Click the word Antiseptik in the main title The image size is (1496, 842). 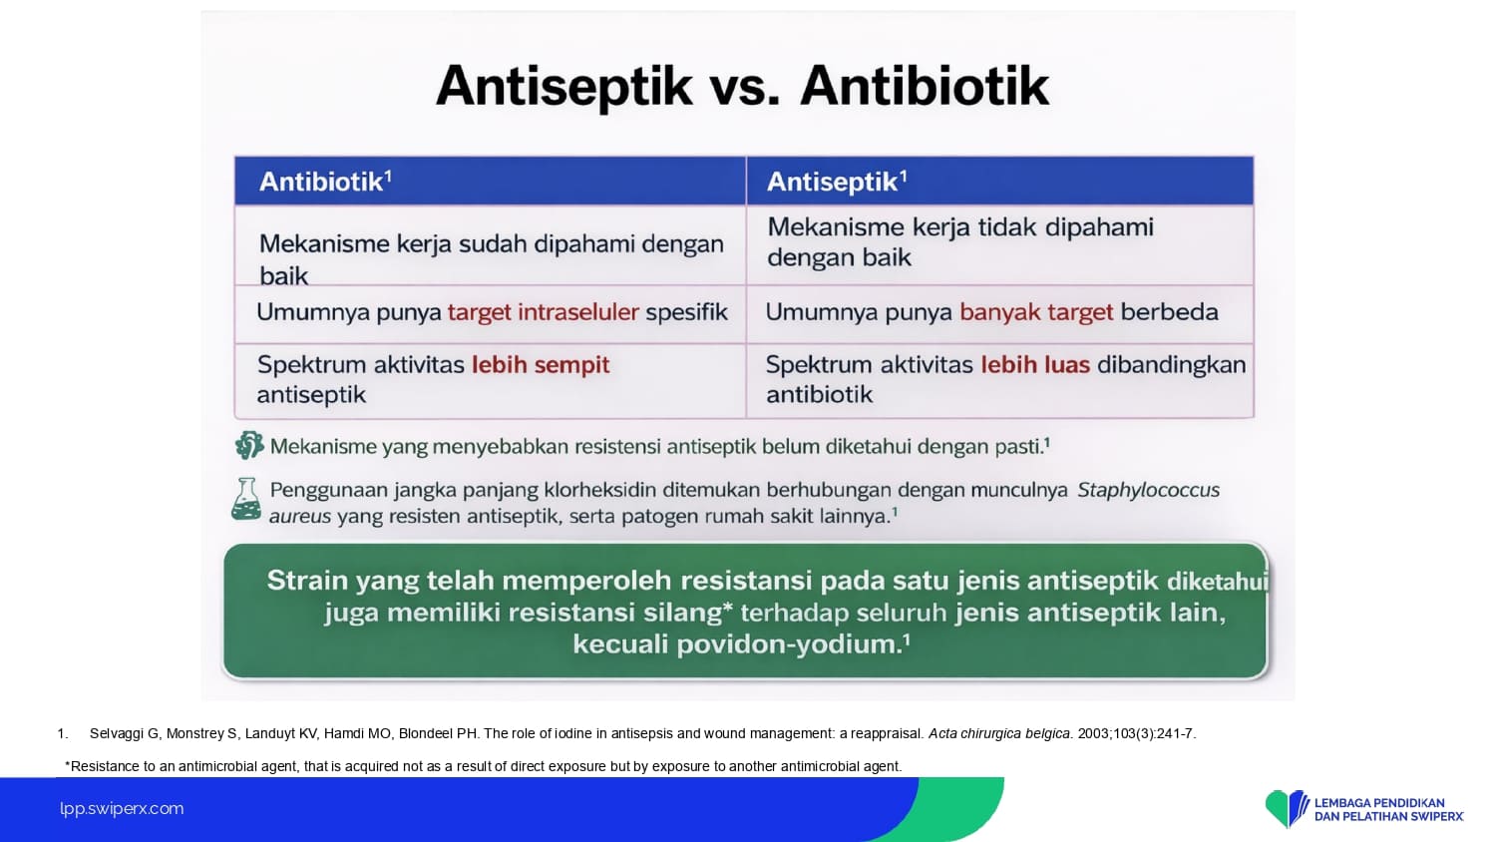(x=563, y=87)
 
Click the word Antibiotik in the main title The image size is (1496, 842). (x=925, y=86)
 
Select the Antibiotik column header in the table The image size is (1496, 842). (x=325, y=182)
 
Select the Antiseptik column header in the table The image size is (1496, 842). (x=837, y=182)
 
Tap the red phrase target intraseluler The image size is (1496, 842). (x=543, y=312)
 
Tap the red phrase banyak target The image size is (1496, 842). (x=1036, y=312)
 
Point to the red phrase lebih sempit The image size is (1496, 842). (x=541, y=365)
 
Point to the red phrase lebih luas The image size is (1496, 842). (x=1035, y=364)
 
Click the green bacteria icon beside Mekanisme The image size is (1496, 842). (x=249, y=445)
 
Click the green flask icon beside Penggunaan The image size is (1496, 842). (x=246, y=499)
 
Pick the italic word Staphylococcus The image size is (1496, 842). (x=1148, y=490)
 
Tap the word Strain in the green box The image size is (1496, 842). (x=307, y=580)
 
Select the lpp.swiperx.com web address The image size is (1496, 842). (x=122, y=809)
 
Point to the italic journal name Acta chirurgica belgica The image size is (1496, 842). (x=999, y=733)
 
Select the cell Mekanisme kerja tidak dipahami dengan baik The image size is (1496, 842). (x=959, y=241)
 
